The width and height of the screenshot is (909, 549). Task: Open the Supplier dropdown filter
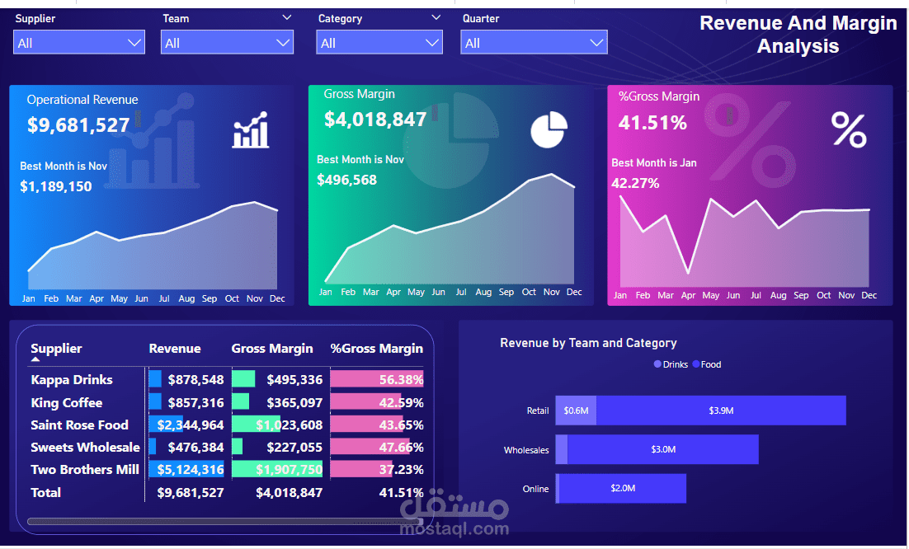[79, 43]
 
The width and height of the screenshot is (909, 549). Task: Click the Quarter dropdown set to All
[534, 43]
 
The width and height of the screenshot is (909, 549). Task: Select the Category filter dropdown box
[379, 43]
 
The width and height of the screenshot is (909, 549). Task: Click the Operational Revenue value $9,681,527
[78, 125]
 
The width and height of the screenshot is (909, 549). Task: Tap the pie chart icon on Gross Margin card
[549, 130]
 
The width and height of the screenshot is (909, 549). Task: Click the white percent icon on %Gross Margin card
[849, 130]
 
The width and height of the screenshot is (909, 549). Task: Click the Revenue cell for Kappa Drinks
[195, 380]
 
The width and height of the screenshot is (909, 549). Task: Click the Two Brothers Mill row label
[85, 470]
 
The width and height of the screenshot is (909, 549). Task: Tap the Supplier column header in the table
[56, 349]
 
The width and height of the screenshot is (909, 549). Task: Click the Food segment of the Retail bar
[720, 411]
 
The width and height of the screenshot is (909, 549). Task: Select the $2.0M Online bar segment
[623, 488]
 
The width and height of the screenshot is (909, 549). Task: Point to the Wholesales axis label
[526, 450]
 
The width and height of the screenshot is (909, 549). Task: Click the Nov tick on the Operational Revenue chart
[254, 298]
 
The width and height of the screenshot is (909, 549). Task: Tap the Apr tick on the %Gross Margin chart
[688, 295]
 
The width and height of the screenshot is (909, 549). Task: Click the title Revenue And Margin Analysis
[798, 35]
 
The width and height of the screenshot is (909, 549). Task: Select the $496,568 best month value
[346, 180]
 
